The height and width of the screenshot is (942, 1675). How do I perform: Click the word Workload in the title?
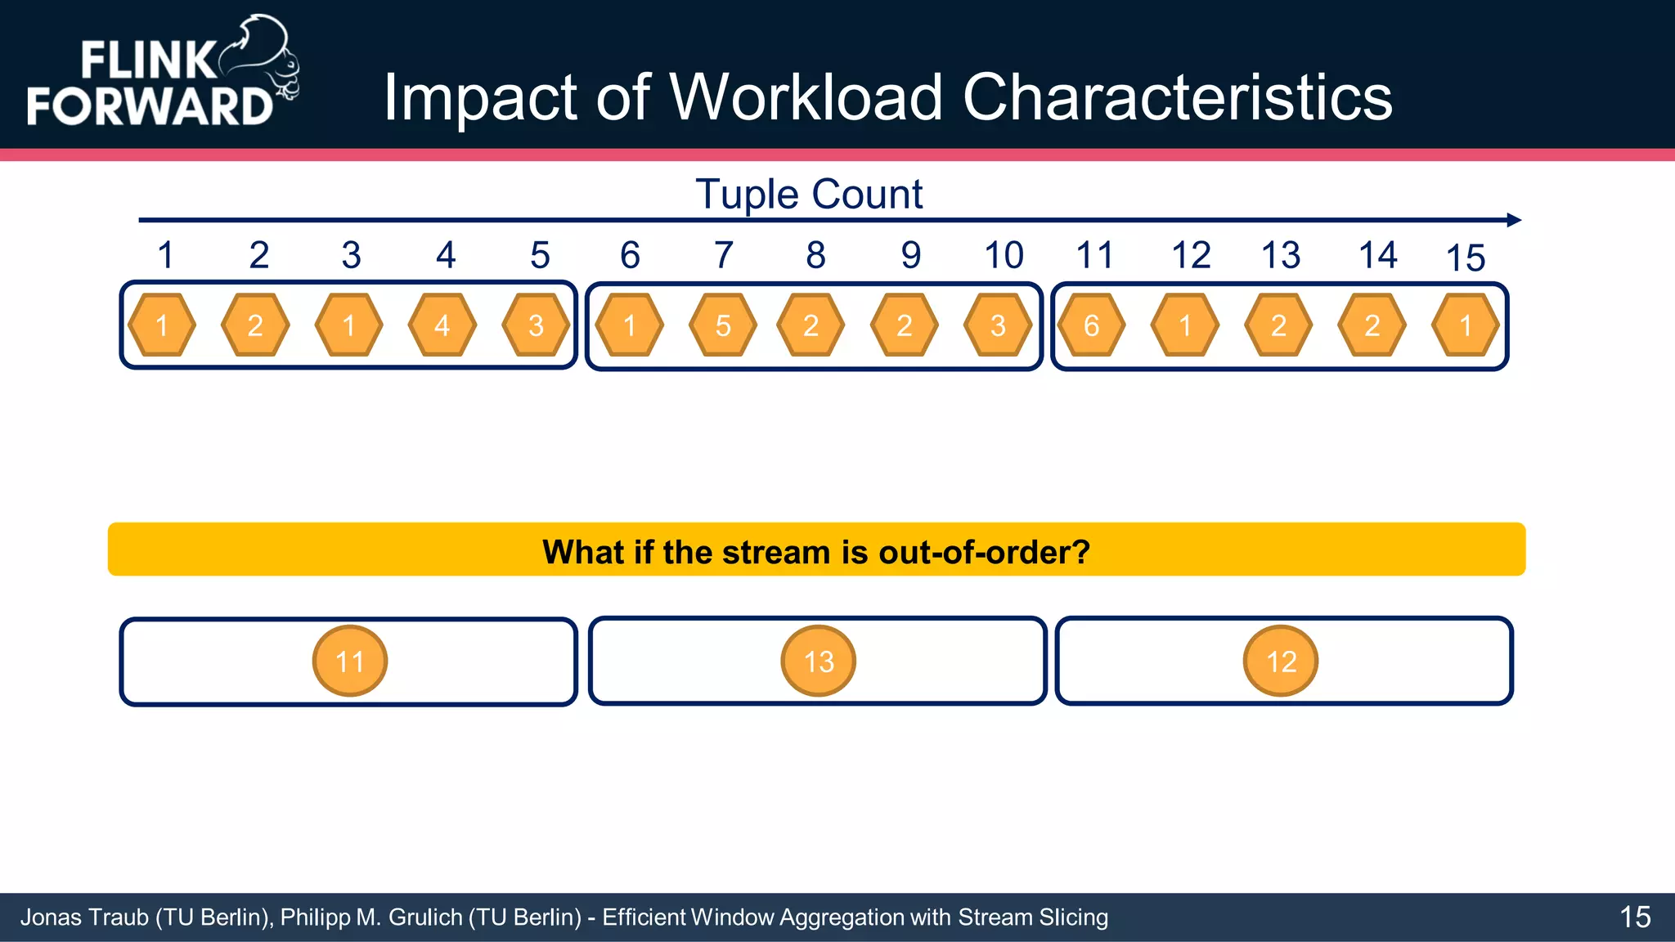click(x=806, y=98)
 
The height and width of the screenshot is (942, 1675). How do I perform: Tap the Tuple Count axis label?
click(x=809, y=195)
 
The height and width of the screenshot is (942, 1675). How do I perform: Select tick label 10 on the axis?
click(x=1004, y=255)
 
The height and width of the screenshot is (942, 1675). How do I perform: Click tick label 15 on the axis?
click(x=1465, y=258)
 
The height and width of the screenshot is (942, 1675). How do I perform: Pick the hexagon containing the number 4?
click(x=442, y=325)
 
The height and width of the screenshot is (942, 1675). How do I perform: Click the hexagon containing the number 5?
click(x=723, y=325)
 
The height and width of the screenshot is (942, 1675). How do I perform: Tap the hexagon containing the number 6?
click(x=1091, y=325)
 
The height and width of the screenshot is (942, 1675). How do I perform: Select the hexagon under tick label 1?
click(x=162, y=325)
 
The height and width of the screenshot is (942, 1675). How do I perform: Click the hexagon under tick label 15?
click(x=1466, y=325)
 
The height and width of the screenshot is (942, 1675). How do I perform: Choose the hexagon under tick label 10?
click(x=998, y=325)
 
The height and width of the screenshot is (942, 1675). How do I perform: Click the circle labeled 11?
click(x=350, y=661)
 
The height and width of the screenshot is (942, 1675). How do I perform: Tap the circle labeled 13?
click(x=819, y=661)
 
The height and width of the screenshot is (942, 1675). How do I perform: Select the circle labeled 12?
click(x=1281, y=661)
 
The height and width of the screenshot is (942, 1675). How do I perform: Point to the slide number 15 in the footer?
click(x=1635, y=917)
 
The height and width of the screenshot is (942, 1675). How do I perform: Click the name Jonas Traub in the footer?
click(x=83, y=917)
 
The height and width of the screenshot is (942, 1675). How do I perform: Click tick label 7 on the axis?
click(x=723, y=255)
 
